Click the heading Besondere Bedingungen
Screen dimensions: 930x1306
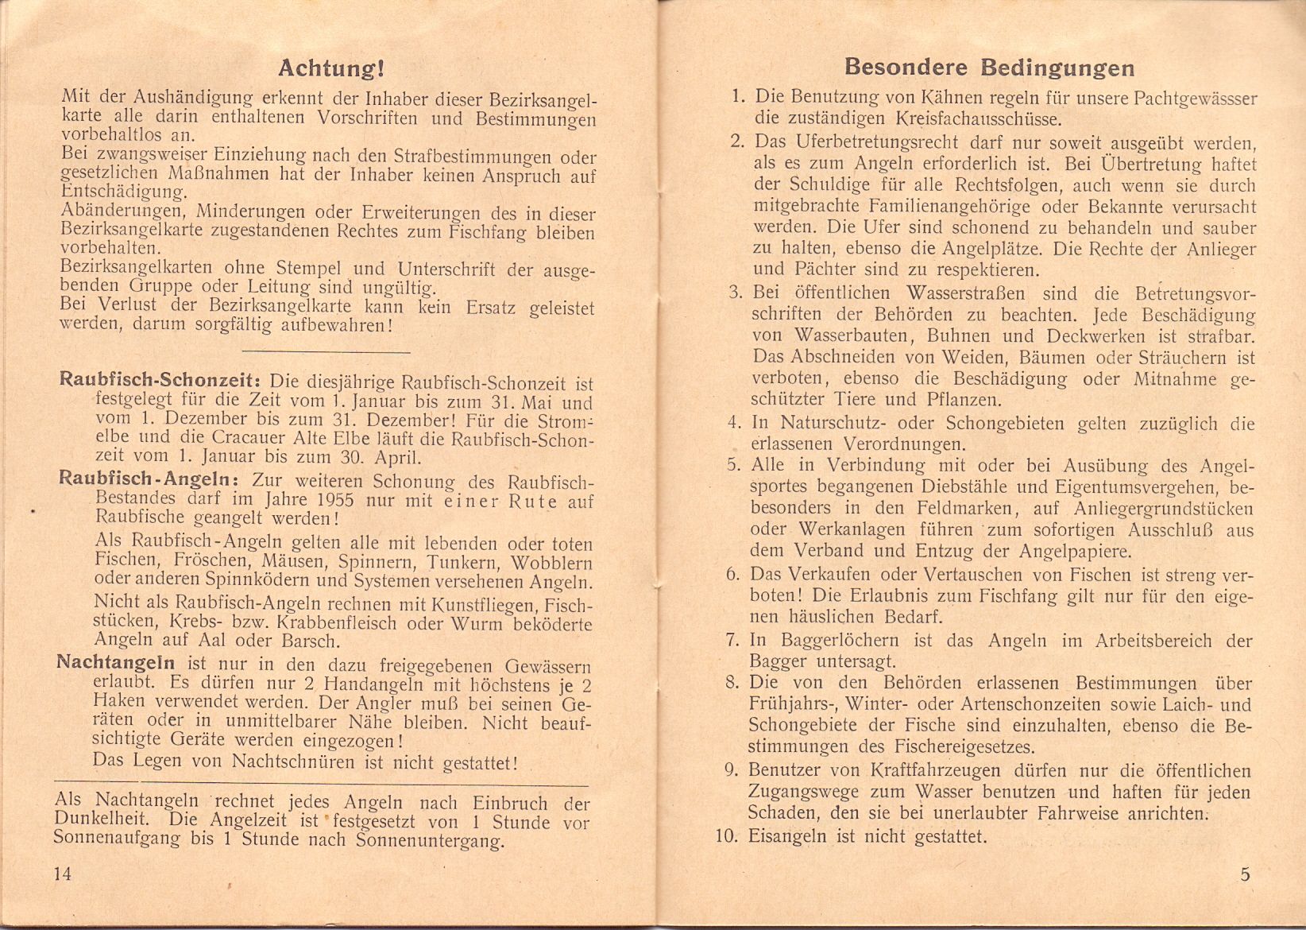[989, 67]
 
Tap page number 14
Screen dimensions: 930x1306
[63, 874]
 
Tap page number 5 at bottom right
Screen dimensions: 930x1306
[1245, 874]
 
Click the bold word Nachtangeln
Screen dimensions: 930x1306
[116, 663]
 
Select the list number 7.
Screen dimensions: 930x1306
[733, 640]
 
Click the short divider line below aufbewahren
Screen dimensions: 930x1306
[325, 351]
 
